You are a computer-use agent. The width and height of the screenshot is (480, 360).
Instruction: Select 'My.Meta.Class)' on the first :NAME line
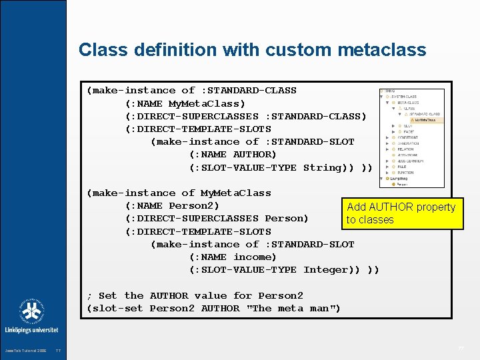click(207, 103)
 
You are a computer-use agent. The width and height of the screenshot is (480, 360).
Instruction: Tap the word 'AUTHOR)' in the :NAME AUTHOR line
click(255, 155)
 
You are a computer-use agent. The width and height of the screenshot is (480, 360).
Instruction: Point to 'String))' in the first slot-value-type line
click(329, 167)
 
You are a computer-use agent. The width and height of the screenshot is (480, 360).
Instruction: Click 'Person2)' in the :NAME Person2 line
click(194, 205)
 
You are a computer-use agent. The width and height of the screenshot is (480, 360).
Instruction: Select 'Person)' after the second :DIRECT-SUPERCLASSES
click(287, 218)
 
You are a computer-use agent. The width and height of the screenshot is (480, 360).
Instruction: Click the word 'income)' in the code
click(255, 257)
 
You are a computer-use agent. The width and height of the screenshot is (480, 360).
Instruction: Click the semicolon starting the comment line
click(89, 295)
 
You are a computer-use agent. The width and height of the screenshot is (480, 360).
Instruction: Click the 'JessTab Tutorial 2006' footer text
click(26, 350)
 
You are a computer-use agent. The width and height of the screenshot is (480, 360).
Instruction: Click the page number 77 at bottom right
click(461, 349)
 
